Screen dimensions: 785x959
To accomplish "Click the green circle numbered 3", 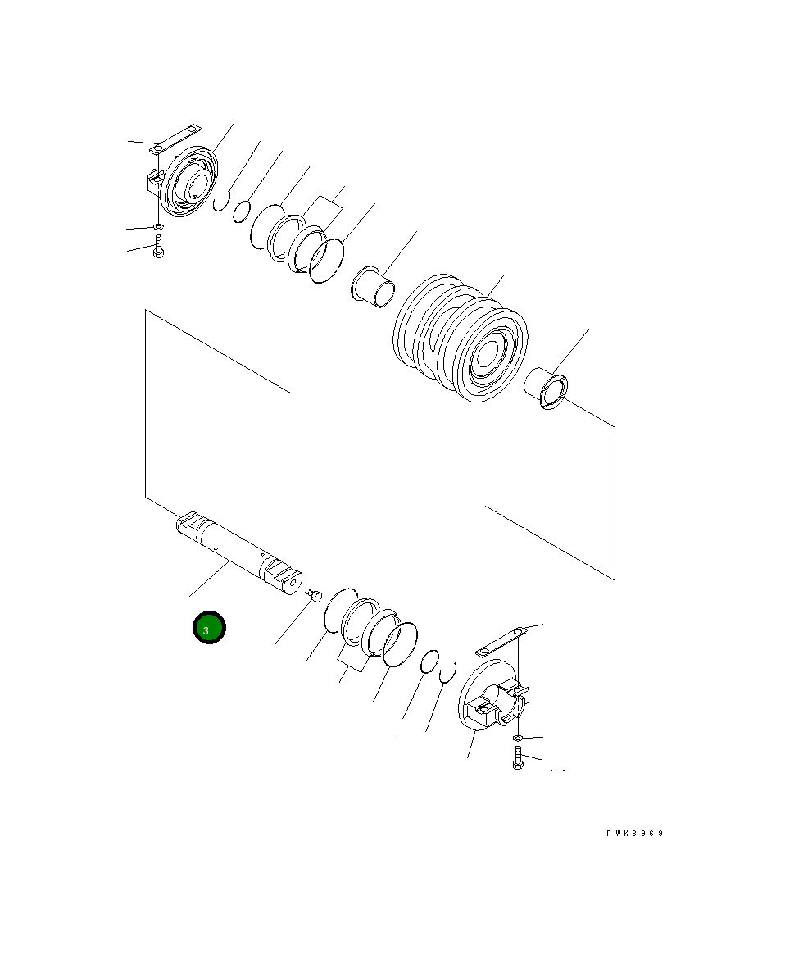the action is (x=209, y=628).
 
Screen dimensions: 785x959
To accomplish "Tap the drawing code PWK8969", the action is (x=634, y=833).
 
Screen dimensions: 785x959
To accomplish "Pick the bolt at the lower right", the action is (x=518, y=759).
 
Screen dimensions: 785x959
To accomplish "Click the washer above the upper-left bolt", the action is (x=157, y=228).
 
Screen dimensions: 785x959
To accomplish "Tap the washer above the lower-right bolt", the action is (x=518, y=739).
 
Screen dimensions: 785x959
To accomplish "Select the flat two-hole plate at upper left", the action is (x=176, y=139).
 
